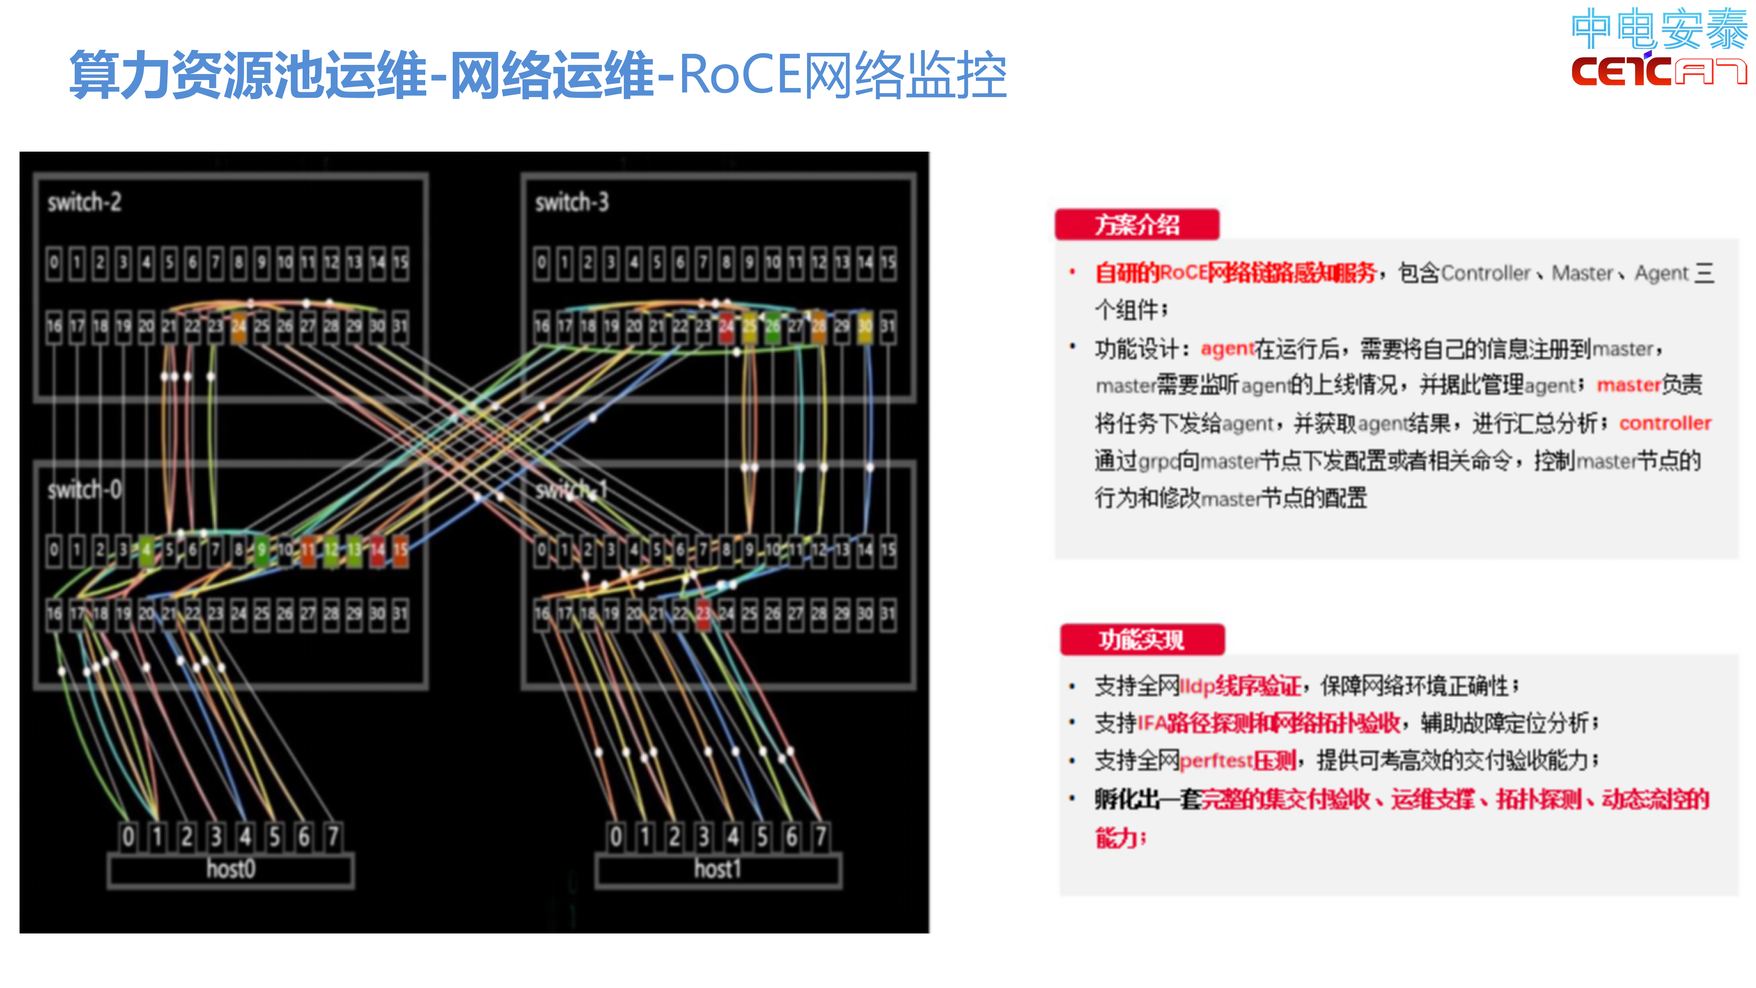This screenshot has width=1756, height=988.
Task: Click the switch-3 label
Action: (571, 202)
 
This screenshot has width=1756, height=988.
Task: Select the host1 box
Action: (718, 869)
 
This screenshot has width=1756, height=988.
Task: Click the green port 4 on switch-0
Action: (146, 550)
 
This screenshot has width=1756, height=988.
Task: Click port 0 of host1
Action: (616, 836)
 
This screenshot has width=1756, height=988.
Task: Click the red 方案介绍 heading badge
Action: (1136, 224)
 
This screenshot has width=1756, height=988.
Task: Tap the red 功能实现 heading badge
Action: (1142, 639)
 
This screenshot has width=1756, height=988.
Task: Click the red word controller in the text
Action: (1665, 423)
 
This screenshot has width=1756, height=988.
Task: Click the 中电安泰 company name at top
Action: (1659, 28)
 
